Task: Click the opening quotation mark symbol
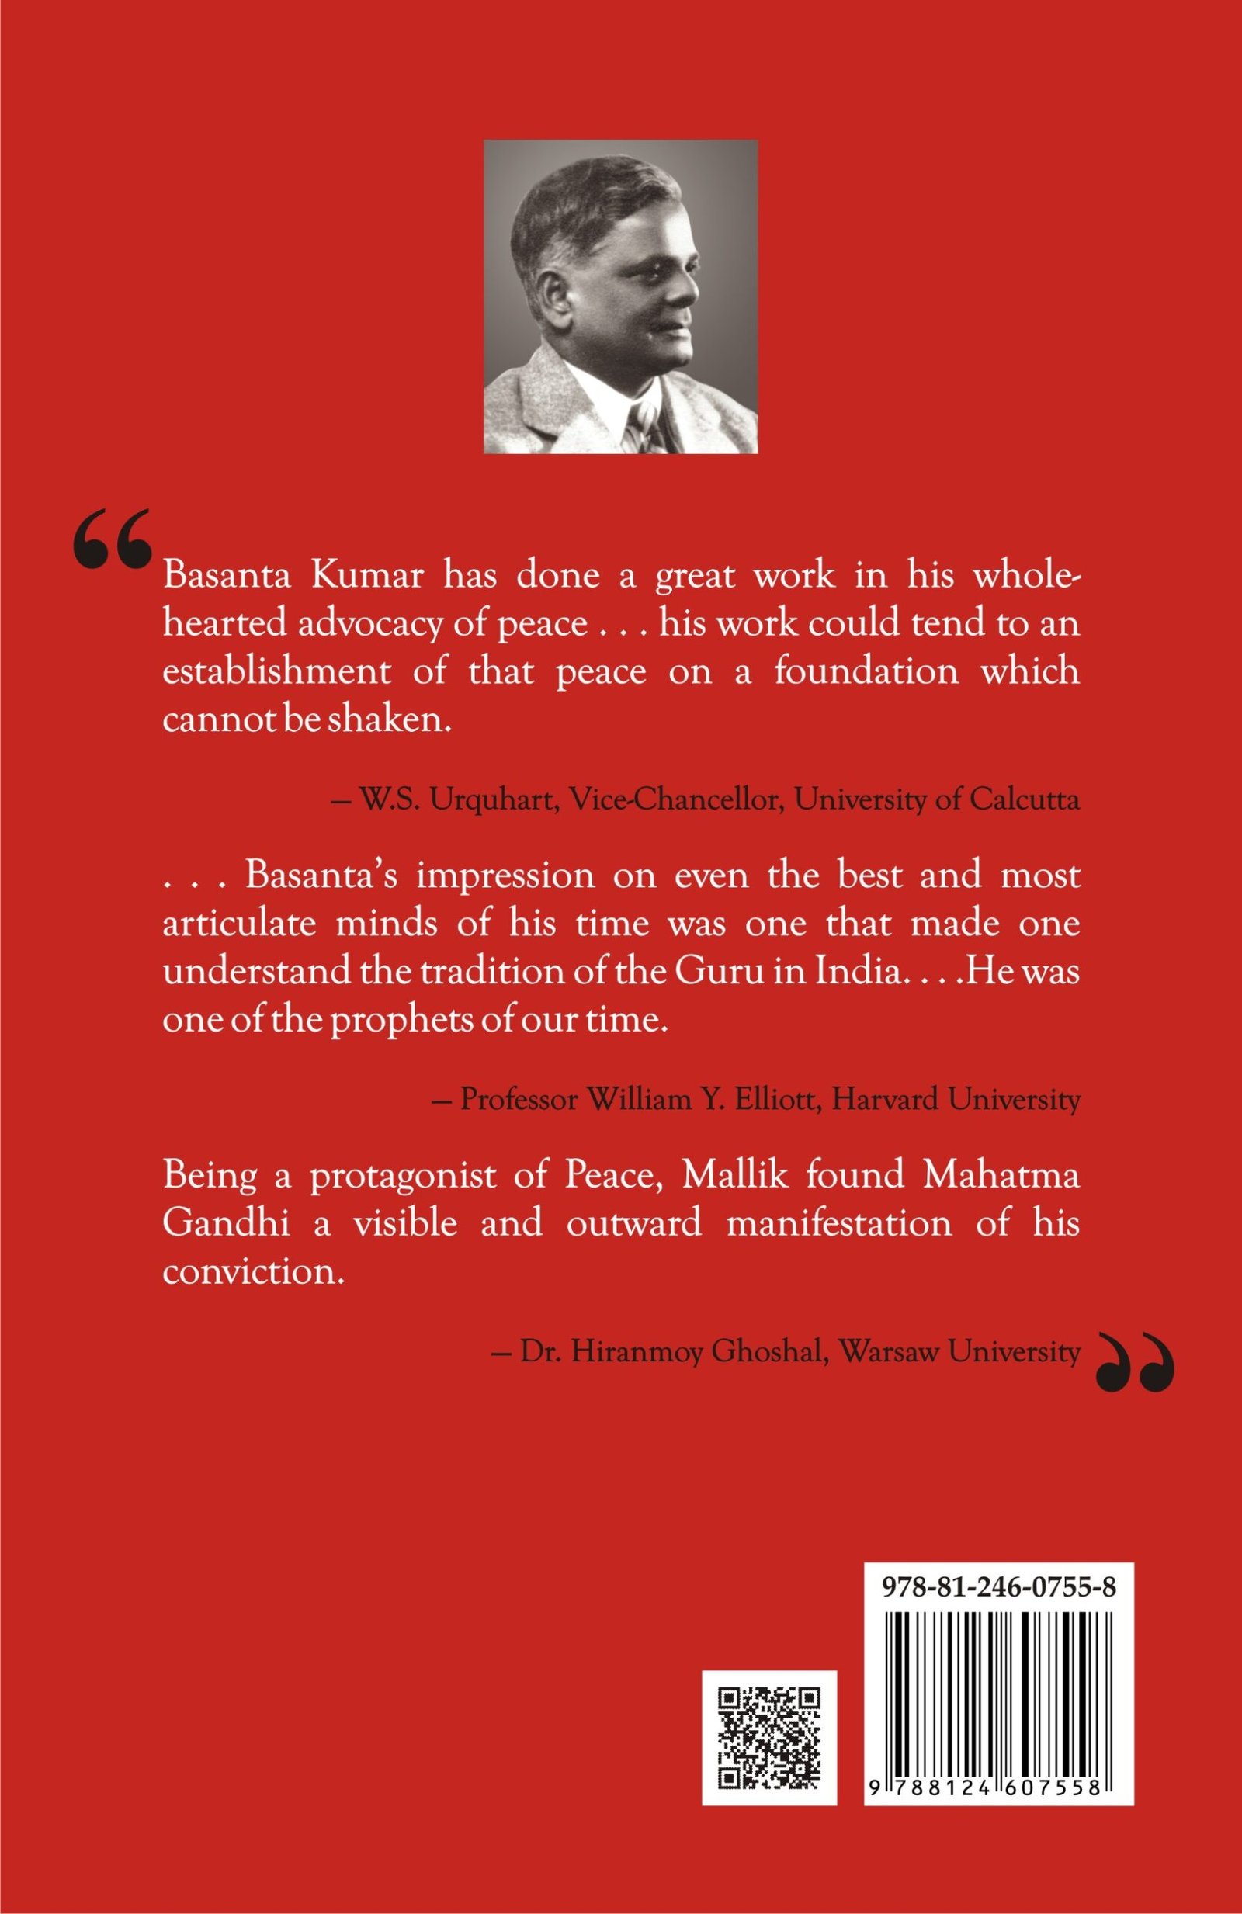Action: [x=112, y=538]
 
